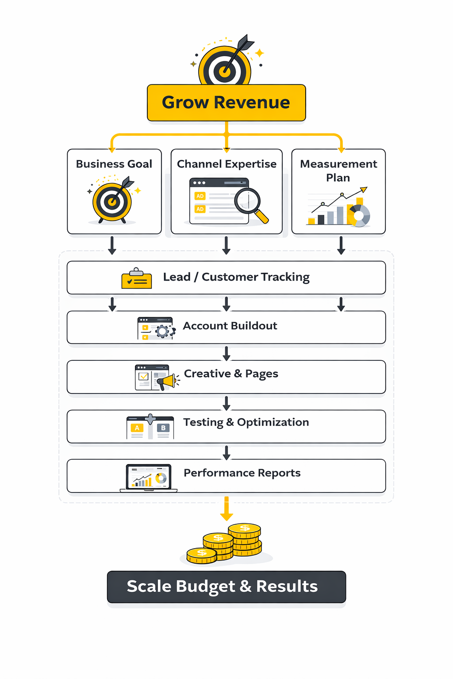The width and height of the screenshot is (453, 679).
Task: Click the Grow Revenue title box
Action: coord(226,103)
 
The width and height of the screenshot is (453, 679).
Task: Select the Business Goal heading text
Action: coord(114,164)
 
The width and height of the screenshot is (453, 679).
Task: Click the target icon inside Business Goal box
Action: coord(112,201)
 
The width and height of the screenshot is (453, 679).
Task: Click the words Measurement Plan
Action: coord(338,171)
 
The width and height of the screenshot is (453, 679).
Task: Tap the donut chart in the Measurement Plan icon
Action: coord(359,216)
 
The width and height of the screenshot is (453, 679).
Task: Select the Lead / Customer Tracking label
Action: coord(236,277)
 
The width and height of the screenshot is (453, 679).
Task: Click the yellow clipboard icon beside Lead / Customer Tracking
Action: coord(137,279)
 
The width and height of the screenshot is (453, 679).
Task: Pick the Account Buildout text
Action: coord(230,326)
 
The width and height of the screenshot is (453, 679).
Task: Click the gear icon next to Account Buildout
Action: coord(163,331)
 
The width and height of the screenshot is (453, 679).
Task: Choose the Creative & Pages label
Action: coord(231,374)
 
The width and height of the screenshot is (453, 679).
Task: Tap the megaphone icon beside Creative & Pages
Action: coord(167,381)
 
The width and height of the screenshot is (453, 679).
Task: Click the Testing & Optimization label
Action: coord(246,423)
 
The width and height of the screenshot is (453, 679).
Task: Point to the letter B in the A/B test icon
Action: coord(163,428)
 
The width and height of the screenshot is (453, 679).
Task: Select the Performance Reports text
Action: coord(242,473)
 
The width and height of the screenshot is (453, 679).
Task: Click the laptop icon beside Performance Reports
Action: coord(149,478)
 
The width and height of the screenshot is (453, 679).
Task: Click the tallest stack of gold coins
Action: coord(245,539)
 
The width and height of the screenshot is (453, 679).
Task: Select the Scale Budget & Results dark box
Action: coord(226,587)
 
